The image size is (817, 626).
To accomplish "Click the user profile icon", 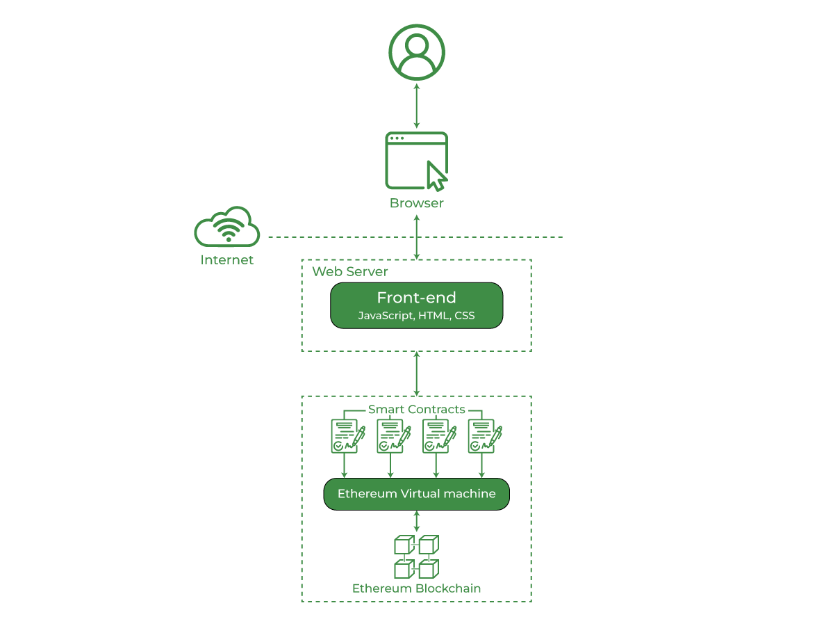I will click(416, 53).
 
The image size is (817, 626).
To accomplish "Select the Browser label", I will click(416, 203).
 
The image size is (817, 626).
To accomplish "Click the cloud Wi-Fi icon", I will click(227, 227).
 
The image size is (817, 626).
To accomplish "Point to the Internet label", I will click(227, 260).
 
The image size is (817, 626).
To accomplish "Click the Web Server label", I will click(350, 271).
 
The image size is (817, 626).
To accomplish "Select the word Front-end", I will click(416, 298).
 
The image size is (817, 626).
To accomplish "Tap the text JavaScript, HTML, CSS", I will click(416, 316).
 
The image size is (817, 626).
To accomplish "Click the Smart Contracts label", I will click(416, 409).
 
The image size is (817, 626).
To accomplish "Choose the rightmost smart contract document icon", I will click(484, 436).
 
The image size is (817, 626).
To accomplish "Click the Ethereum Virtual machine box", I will click(416, 494).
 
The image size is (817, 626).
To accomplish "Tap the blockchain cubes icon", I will click(416, 556).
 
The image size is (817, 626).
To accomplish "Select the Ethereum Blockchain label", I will click(416, 588).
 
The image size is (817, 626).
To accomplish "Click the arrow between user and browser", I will click(416, 106).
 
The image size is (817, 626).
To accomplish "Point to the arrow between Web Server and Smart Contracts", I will click(416, 374).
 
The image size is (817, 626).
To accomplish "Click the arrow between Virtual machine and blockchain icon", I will click(416, 521).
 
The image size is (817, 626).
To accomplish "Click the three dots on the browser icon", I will click(397, 138).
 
